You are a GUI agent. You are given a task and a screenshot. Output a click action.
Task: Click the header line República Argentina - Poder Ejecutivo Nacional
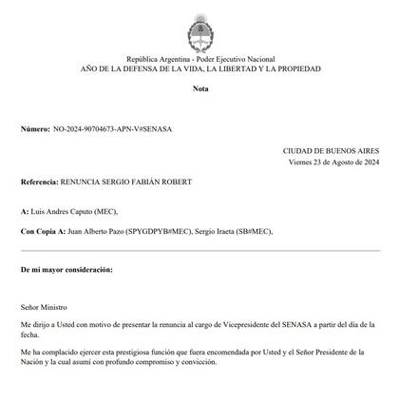(x=200, y=59)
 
